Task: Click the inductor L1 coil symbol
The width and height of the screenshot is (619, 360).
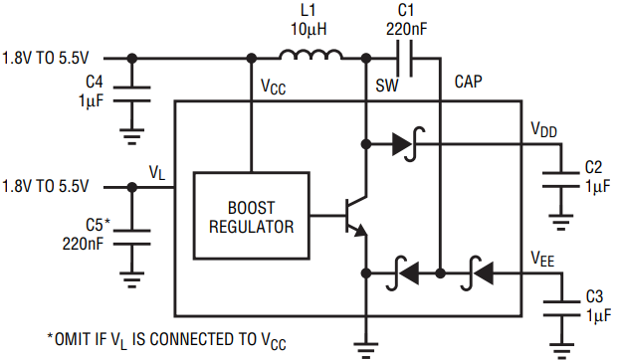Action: (310, 55)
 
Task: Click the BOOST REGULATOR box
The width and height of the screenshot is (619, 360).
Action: (252, 215)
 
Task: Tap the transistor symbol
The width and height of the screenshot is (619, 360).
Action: (355, 216)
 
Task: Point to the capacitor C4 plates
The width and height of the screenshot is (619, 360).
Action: (131, 93)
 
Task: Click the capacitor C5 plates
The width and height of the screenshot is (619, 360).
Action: (131, 238)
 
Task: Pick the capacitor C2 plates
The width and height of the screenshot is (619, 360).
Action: (561, 179)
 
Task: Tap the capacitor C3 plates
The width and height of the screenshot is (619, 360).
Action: (561, 308)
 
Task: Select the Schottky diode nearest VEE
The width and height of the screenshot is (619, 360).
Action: (477, 272)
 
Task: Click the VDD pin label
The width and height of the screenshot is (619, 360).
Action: (544, 129)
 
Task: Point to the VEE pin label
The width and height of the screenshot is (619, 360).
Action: (542, 259)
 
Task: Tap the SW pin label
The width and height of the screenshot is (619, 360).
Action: (387, 86)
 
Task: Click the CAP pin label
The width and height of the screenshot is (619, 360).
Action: (468, 82)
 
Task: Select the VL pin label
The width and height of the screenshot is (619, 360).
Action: (157, 173)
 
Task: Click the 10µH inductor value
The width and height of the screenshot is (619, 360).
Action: (309, 29)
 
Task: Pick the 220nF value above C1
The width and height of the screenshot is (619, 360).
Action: (406, 29)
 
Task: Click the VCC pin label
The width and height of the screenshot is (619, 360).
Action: (274, 87)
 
